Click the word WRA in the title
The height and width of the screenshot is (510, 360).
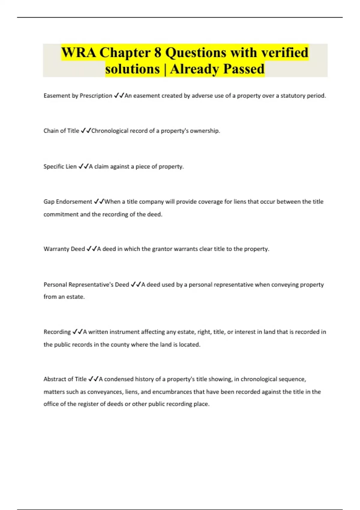[79, 53]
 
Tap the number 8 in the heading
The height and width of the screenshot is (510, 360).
[158, 53]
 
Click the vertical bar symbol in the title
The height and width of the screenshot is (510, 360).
[165, 69]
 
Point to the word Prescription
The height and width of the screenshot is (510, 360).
[96, 96]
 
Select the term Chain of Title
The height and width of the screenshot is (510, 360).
[61, 131]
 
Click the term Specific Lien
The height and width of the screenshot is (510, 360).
[60, 166]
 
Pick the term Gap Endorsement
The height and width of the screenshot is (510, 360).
[68, 202]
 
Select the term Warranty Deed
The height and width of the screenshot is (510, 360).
[64, 249]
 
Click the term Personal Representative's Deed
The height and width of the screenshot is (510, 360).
[86, 284]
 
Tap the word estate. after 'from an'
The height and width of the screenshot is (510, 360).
[75, 297]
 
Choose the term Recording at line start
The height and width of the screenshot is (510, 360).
[57, 332]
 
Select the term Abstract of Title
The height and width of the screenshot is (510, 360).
[65, 379]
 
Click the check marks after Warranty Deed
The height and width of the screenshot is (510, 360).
[91, 249]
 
